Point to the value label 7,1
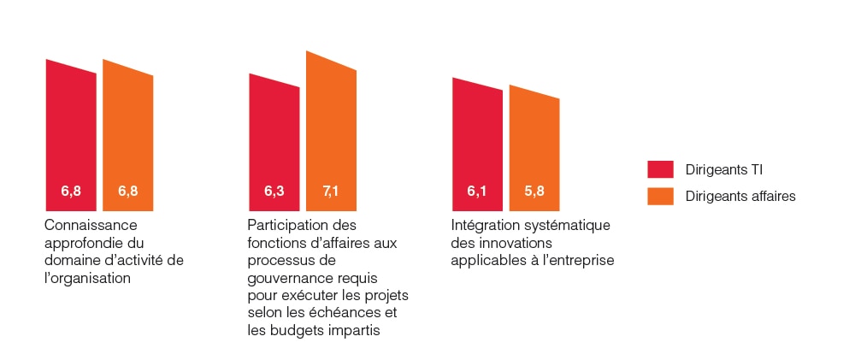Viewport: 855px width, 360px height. click(x=332, y=191)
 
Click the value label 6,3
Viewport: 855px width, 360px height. click(x=274, y=191)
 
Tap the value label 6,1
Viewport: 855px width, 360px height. click(x=477, y=191)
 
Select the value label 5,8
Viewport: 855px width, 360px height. click(x=534, y=191)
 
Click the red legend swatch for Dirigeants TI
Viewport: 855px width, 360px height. click(x=661, y=169)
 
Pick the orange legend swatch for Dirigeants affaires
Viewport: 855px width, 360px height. click(x=661, y=197)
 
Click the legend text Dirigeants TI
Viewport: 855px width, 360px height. click(x=723, y=169)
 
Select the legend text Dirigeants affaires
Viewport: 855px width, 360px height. click(x=740, y=197)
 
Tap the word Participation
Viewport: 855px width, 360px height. click(x=287, y=226)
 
